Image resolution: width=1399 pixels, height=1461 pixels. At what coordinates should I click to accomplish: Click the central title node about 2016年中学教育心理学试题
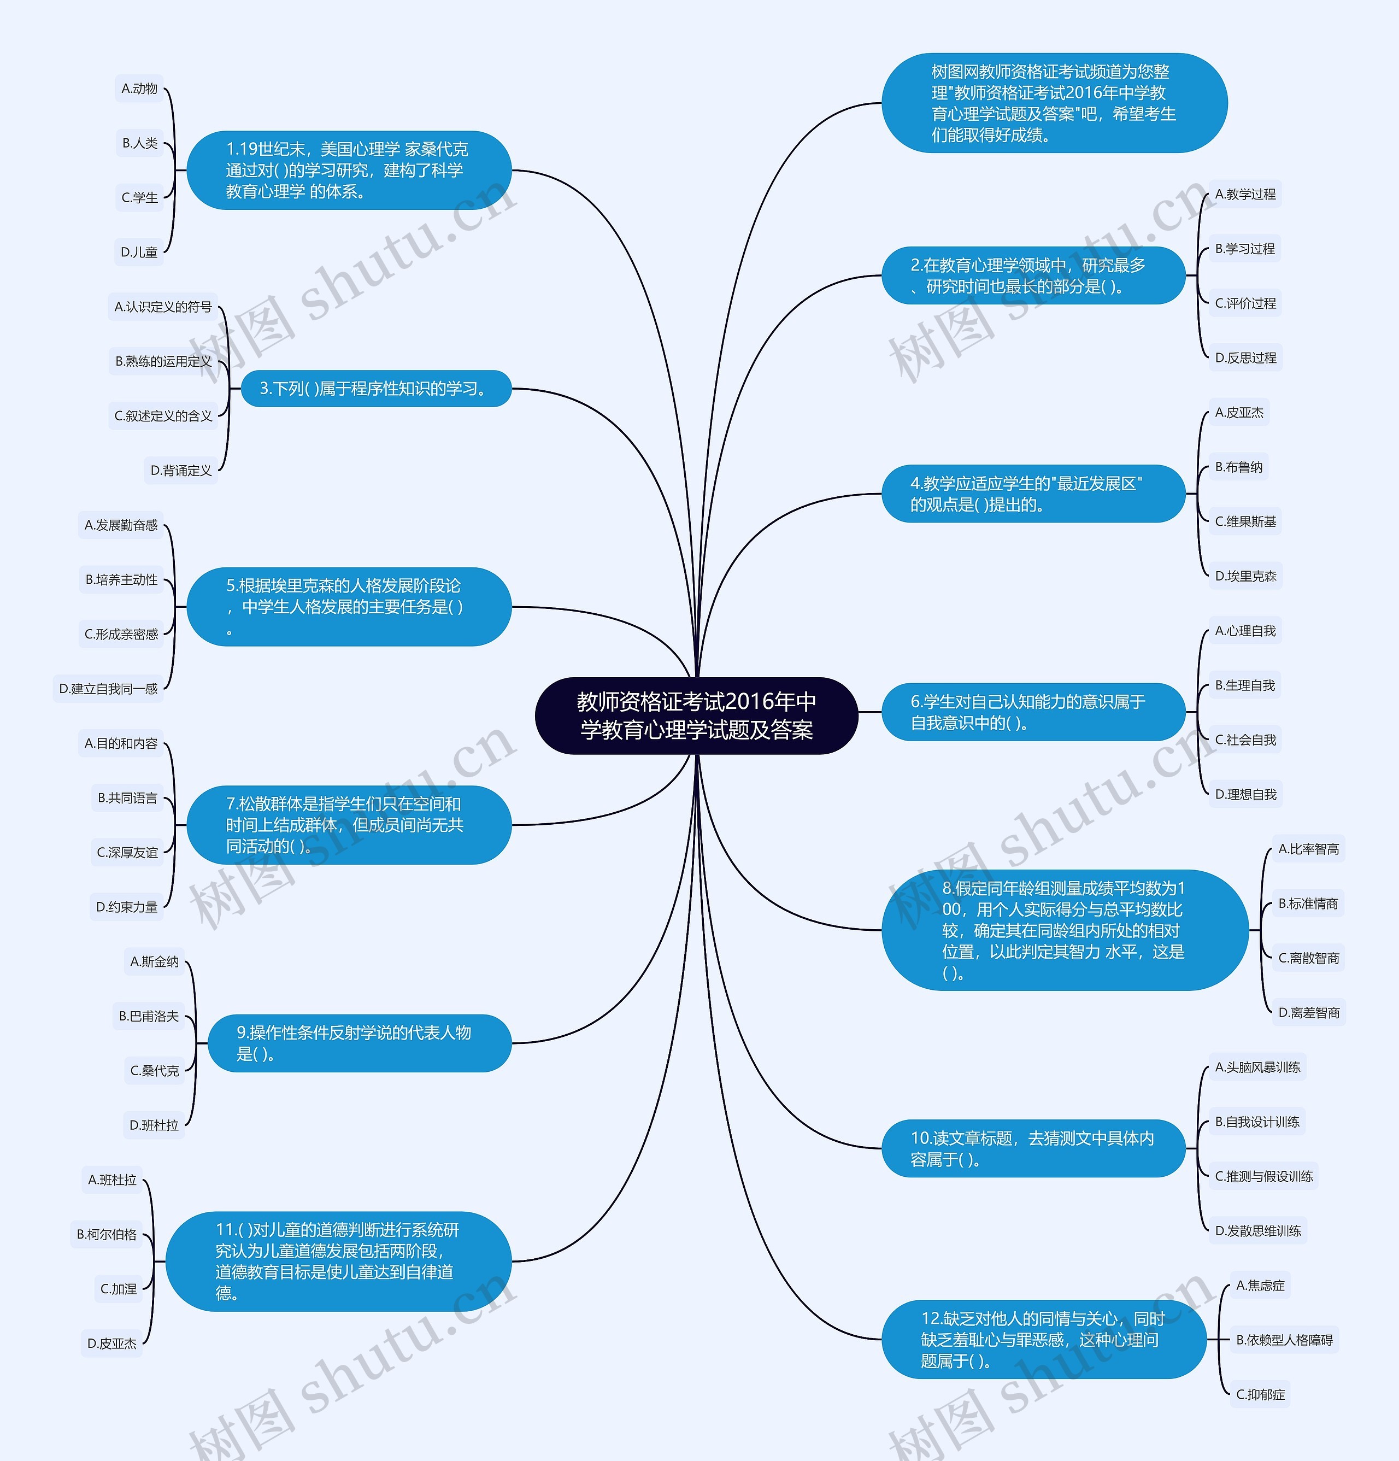click(696, 715)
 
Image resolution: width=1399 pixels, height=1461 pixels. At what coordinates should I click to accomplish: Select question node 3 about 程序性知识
click(375, 389)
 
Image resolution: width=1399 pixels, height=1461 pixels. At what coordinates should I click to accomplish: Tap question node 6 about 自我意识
click(1032, 712)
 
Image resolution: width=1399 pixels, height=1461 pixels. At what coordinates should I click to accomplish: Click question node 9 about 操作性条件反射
click(359, 1043)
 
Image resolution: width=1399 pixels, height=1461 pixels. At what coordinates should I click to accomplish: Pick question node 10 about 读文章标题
click(1032, 1149)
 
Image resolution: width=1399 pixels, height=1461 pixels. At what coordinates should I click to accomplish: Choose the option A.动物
click(139, 89)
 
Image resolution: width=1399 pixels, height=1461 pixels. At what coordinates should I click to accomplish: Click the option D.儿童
click(139, 252)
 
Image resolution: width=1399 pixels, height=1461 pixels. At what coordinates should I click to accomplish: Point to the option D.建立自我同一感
click(109, 689)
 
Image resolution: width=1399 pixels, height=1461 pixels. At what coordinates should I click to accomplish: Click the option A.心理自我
click(1245, 631)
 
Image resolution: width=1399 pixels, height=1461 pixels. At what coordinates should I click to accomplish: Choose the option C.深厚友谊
click(127, 853)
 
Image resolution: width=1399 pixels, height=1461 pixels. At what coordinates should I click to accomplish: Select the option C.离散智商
click(1309, 958)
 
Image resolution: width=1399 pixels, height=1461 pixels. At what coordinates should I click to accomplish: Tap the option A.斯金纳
click(154, 961)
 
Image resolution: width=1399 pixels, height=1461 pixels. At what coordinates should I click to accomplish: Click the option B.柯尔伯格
click(107, 1234)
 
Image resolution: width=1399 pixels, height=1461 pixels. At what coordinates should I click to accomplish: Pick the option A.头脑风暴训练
click(1257, 1067)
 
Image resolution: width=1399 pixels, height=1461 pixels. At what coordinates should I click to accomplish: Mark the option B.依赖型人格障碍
click(1284, 1340)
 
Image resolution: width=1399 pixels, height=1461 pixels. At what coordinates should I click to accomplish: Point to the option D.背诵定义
click(181, 471)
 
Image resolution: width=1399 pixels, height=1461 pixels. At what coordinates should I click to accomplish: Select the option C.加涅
click(119, 1289)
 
